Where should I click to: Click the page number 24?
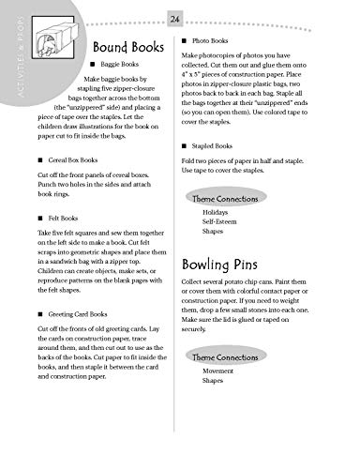click(175, 18)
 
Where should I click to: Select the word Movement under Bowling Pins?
click(219, 370)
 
